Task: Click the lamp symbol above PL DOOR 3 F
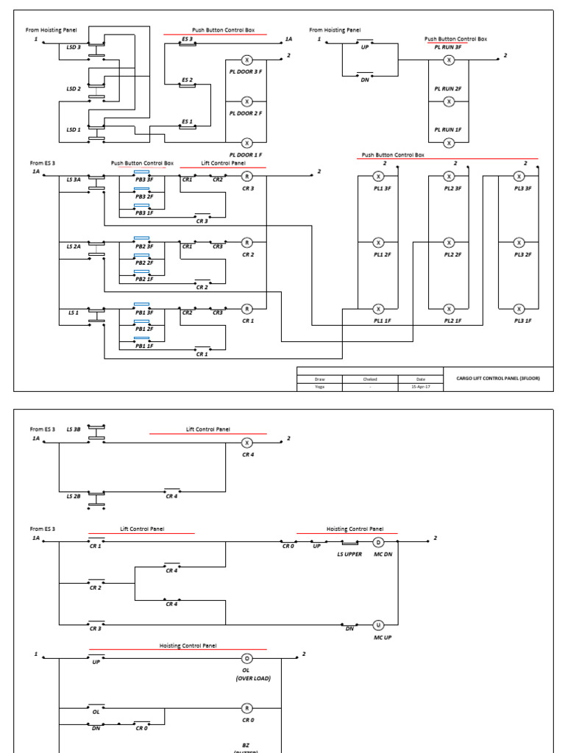coord(247,60)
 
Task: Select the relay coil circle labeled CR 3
coord(247,176)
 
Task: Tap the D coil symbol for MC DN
coord(379,543)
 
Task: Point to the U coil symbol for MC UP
coord(379,625)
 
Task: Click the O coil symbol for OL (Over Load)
coord(247,658)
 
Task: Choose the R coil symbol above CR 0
coord(247,707)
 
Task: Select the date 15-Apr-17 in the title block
coord(420,387)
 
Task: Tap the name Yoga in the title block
coord(319,387)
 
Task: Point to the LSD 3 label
coord(74,48)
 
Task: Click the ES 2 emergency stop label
coord(187,79)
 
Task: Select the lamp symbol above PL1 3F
coord(378,176)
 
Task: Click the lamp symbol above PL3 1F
coord(519,309)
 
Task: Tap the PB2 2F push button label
coord(144,263)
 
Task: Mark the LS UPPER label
coord(349,554)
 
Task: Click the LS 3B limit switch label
coord(74,428)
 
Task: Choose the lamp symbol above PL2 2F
coord(449,242)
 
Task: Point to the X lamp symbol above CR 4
coord(247,443)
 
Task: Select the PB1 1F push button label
coord(144,346)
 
